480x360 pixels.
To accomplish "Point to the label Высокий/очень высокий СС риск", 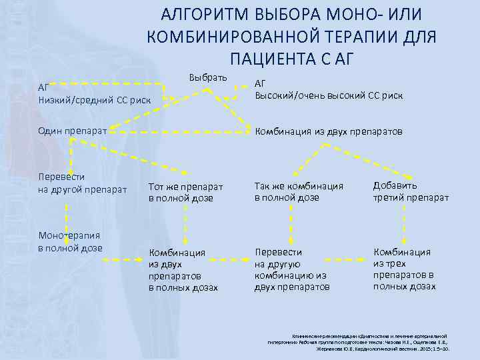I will pyautogui.click(x=329, y=96).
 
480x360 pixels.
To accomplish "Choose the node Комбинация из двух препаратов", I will pyautogui.click(x=328, y=131).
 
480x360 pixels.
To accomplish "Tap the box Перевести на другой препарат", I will pyautogui.click(x=83, y=183).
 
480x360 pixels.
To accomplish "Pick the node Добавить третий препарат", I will pyautogui.click(x=411, y=191).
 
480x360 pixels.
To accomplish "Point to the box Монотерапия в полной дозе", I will pyautogui.click(x=69, y=241).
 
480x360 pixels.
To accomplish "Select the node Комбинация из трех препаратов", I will pyautogui.click(x=404, y=269).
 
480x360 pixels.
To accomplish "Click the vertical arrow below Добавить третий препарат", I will pyautogui.click(x=404, y=223).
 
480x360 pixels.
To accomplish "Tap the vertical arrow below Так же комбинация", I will pyautogui.click(x=291, y=223).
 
